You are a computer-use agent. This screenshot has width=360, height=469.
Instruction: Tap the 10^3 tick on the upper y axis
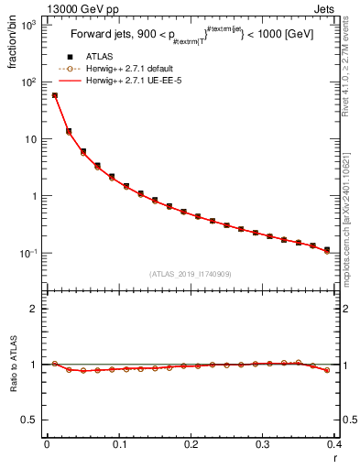pos(27,26)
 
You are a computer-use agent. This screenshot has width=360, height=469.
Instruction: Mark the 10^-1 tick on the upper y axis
pos(27,253)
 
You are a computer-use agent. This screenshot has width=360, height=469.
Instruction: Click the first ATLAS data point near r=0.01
pos(54,95)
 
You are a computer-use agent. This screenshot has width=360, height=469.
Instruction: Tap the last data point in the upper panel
pos(327,249)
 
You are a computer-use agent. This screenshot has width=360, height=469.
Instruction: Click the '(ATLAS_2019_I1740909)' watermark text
pos(190,274)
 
